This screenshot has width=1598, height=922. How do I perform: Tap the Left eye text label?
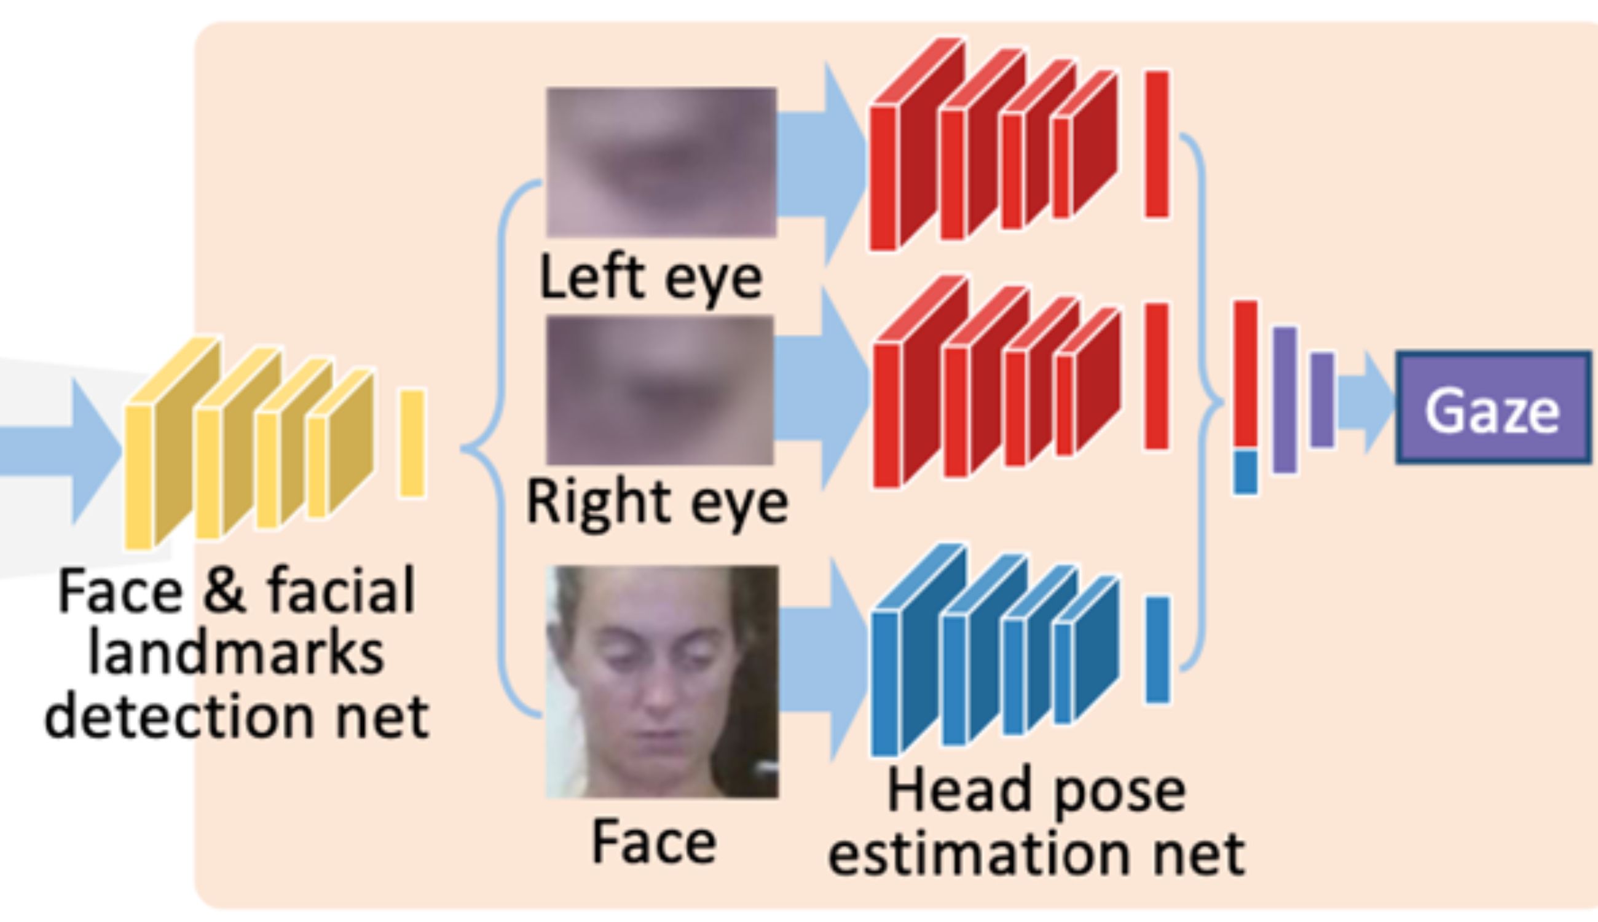tap(651, 278)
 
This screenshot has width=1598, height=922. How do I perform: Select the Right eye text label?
tap(657, 503)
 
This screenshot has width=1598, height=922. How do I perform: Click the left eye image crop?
tap(661, 162)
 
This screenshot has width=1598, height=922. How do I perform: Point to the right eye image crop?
tap(659, 390)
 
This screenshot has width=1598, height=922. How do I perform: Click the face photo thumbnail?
tap(662, 682)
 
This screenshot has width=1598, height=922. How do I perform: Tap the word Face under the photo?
tap(654, 842)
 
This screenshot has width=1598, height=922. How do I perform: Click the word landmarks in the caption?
tap(236, 653)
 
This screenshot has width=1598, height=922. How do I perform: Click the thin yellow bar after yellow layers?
tap(412, 444)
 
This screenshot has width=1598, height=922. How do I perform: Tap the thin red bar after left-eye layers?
tap(1157, 144)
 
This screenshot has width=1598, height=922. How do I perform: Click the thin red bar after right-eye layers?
tap(1157, 376)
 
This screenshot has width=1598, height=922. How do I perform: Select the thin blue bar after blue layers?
tap(1157, 650)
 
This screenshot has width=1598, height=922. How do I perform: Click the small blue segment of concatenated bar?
tap(1245, 473)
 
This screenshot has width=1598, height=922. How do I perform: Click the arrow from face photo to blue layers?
tap(823, 658)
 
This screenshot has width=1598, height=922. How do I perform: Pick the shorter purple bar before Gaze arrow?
tap(1322, 400)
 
